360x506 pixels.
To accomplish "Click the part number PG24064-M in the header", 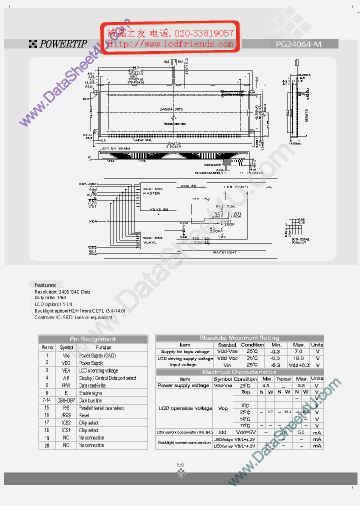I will [x=298, y=44].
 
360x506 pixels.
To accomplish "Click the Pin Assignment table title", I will [x=93, y=339].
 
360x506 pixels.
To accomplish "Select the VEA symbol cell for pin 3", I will [x=66, y=370].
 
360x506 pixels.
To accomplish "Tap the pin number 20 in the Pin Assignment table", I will [x=46, y=445].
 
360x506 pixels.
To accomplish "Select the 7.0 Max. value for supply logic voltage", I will [x=298, y=351].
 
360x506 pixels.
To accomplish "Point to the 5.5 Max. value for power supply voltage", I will [x=301, y=385].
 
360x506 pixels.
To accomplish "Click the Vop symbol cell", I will [x=223, y=408].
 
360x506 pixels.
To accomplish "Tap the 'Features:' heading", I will [x=45, y=285].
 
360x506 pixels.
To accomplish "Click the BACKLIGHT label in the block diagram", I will [x=225, y=253].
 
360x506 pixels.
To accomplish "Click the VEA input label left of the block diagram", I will [x=93, y=220].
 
